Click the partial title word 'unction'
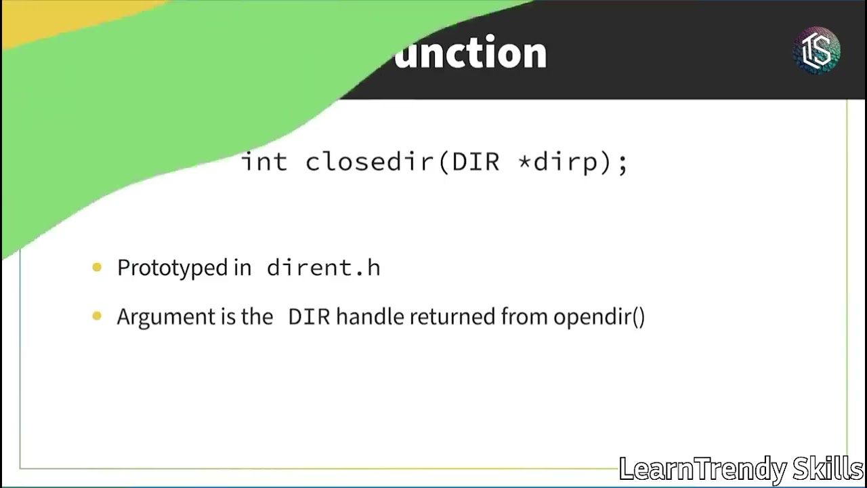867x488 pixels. tap(470, 53)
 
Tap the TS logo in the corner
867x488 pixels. tap(816, 50)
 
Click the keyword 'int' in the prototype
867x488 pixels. tap(265, 163)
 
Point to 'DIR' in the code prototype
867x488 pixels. tap(475, 163)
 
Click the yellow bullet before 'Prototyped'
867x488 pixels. tap(97, 268)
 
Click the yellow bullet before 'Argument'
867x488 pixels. tap(97, 316)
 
